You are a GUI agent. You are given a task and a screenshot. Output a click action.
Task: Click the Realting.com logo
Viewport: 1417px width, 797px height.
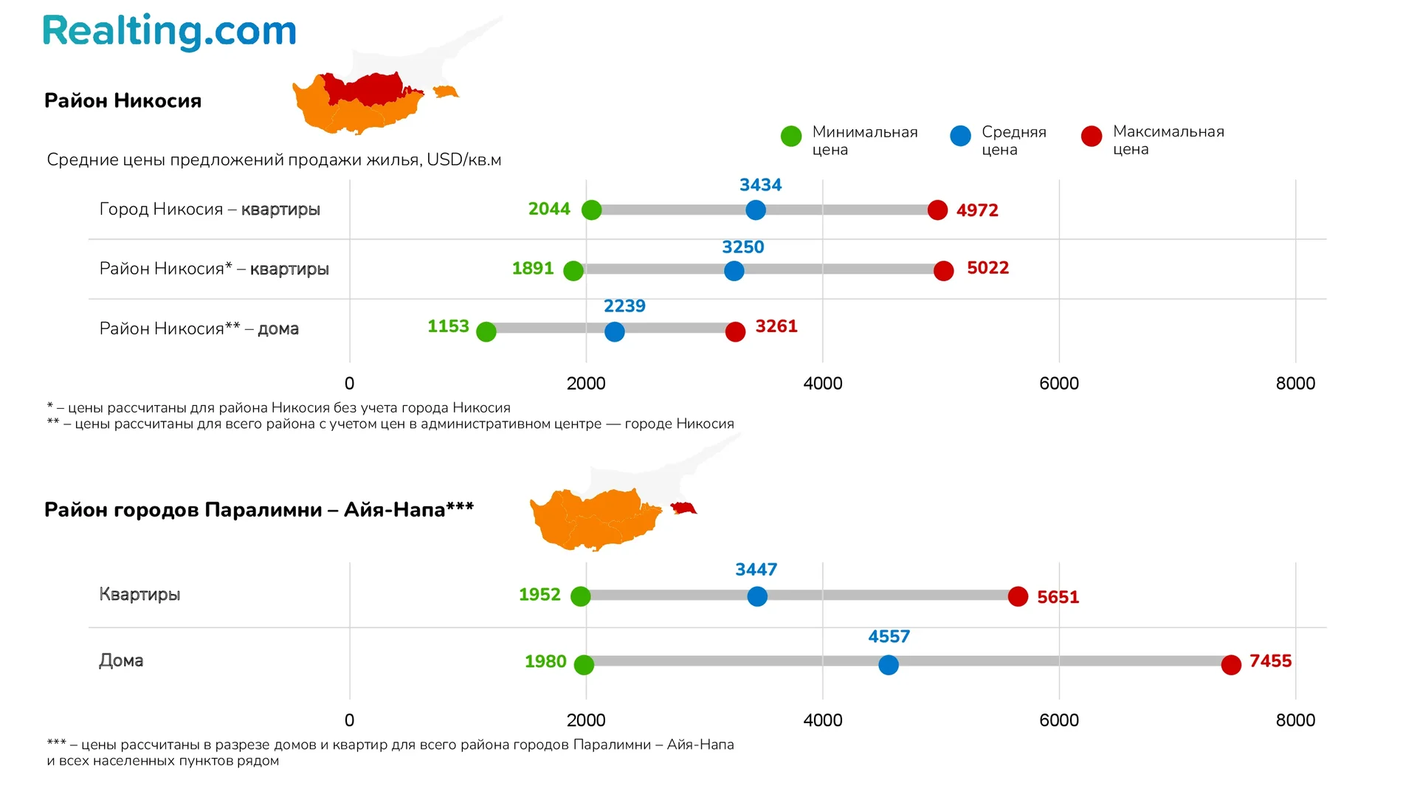pos(169,32)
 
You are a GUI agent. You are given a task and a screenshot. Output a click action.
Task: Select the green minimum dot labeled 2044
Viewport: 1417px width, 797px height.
pos(591,210)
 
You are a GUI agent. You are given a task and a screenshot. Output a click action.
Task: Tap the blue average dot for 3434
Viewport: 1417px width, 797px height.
pos(755,210)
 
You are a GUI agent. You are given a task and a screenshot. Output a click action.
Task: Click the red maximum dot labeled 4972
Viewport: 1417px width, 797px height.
pos(937,210)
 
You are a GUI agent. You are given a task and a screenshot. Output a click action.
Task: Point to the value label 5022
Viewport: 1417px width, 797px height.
pos(987,268)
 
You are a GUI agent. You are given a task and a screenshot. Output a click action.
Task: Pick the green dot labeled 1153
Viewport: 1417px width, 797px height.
pos(486,332)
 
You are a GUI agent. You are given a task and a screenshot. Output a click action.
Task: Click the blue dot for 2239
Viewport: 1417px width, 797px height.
pos(614,332)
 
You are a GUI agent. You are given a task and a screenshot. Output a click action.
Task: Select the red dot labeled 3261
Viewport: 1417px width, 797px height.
pos(735,332)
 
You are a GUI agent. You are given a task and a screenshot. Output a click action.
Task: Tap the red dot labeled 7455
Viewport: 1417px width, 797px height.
pos(1231,665)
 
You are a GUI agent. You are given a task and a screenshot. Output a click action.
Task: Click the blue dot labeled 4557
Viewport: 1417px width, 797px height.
pos(889,665)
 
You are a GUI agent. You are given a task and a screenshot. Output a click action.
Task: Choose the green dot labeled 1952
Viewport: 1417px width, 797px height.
pos(581,596)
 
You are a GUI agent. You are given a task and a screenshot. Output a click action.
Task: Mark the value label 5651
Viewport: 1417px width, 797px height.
pos(1058,597)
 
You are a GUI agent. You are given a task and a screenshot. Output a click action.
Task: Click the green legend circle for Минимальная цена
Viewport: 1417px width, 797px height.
pos(791,137)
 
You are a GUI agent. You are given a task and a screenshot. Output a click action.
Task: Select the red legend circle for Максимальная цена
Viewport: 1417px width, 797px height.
pos(1092,137)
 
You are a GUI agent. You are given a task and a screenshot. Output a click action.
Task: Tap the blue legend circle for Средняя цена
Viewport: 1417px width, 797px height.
pos(960,137)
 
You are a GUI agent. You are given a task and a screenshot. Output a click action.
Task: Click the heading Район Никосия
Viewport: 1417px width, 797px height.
pos(123,101)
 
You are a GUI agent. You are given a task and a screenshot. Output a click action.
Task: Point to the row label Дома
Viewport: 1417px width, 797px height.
pos(121,660)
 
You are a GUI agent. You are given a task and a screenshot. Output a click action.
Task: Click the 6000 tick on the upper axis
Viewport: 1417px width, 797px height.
pos(1058,384)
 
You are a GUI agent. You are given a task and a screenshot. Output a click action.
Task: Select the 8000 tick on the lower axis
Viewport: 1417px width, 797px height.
pos(1295,720)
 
